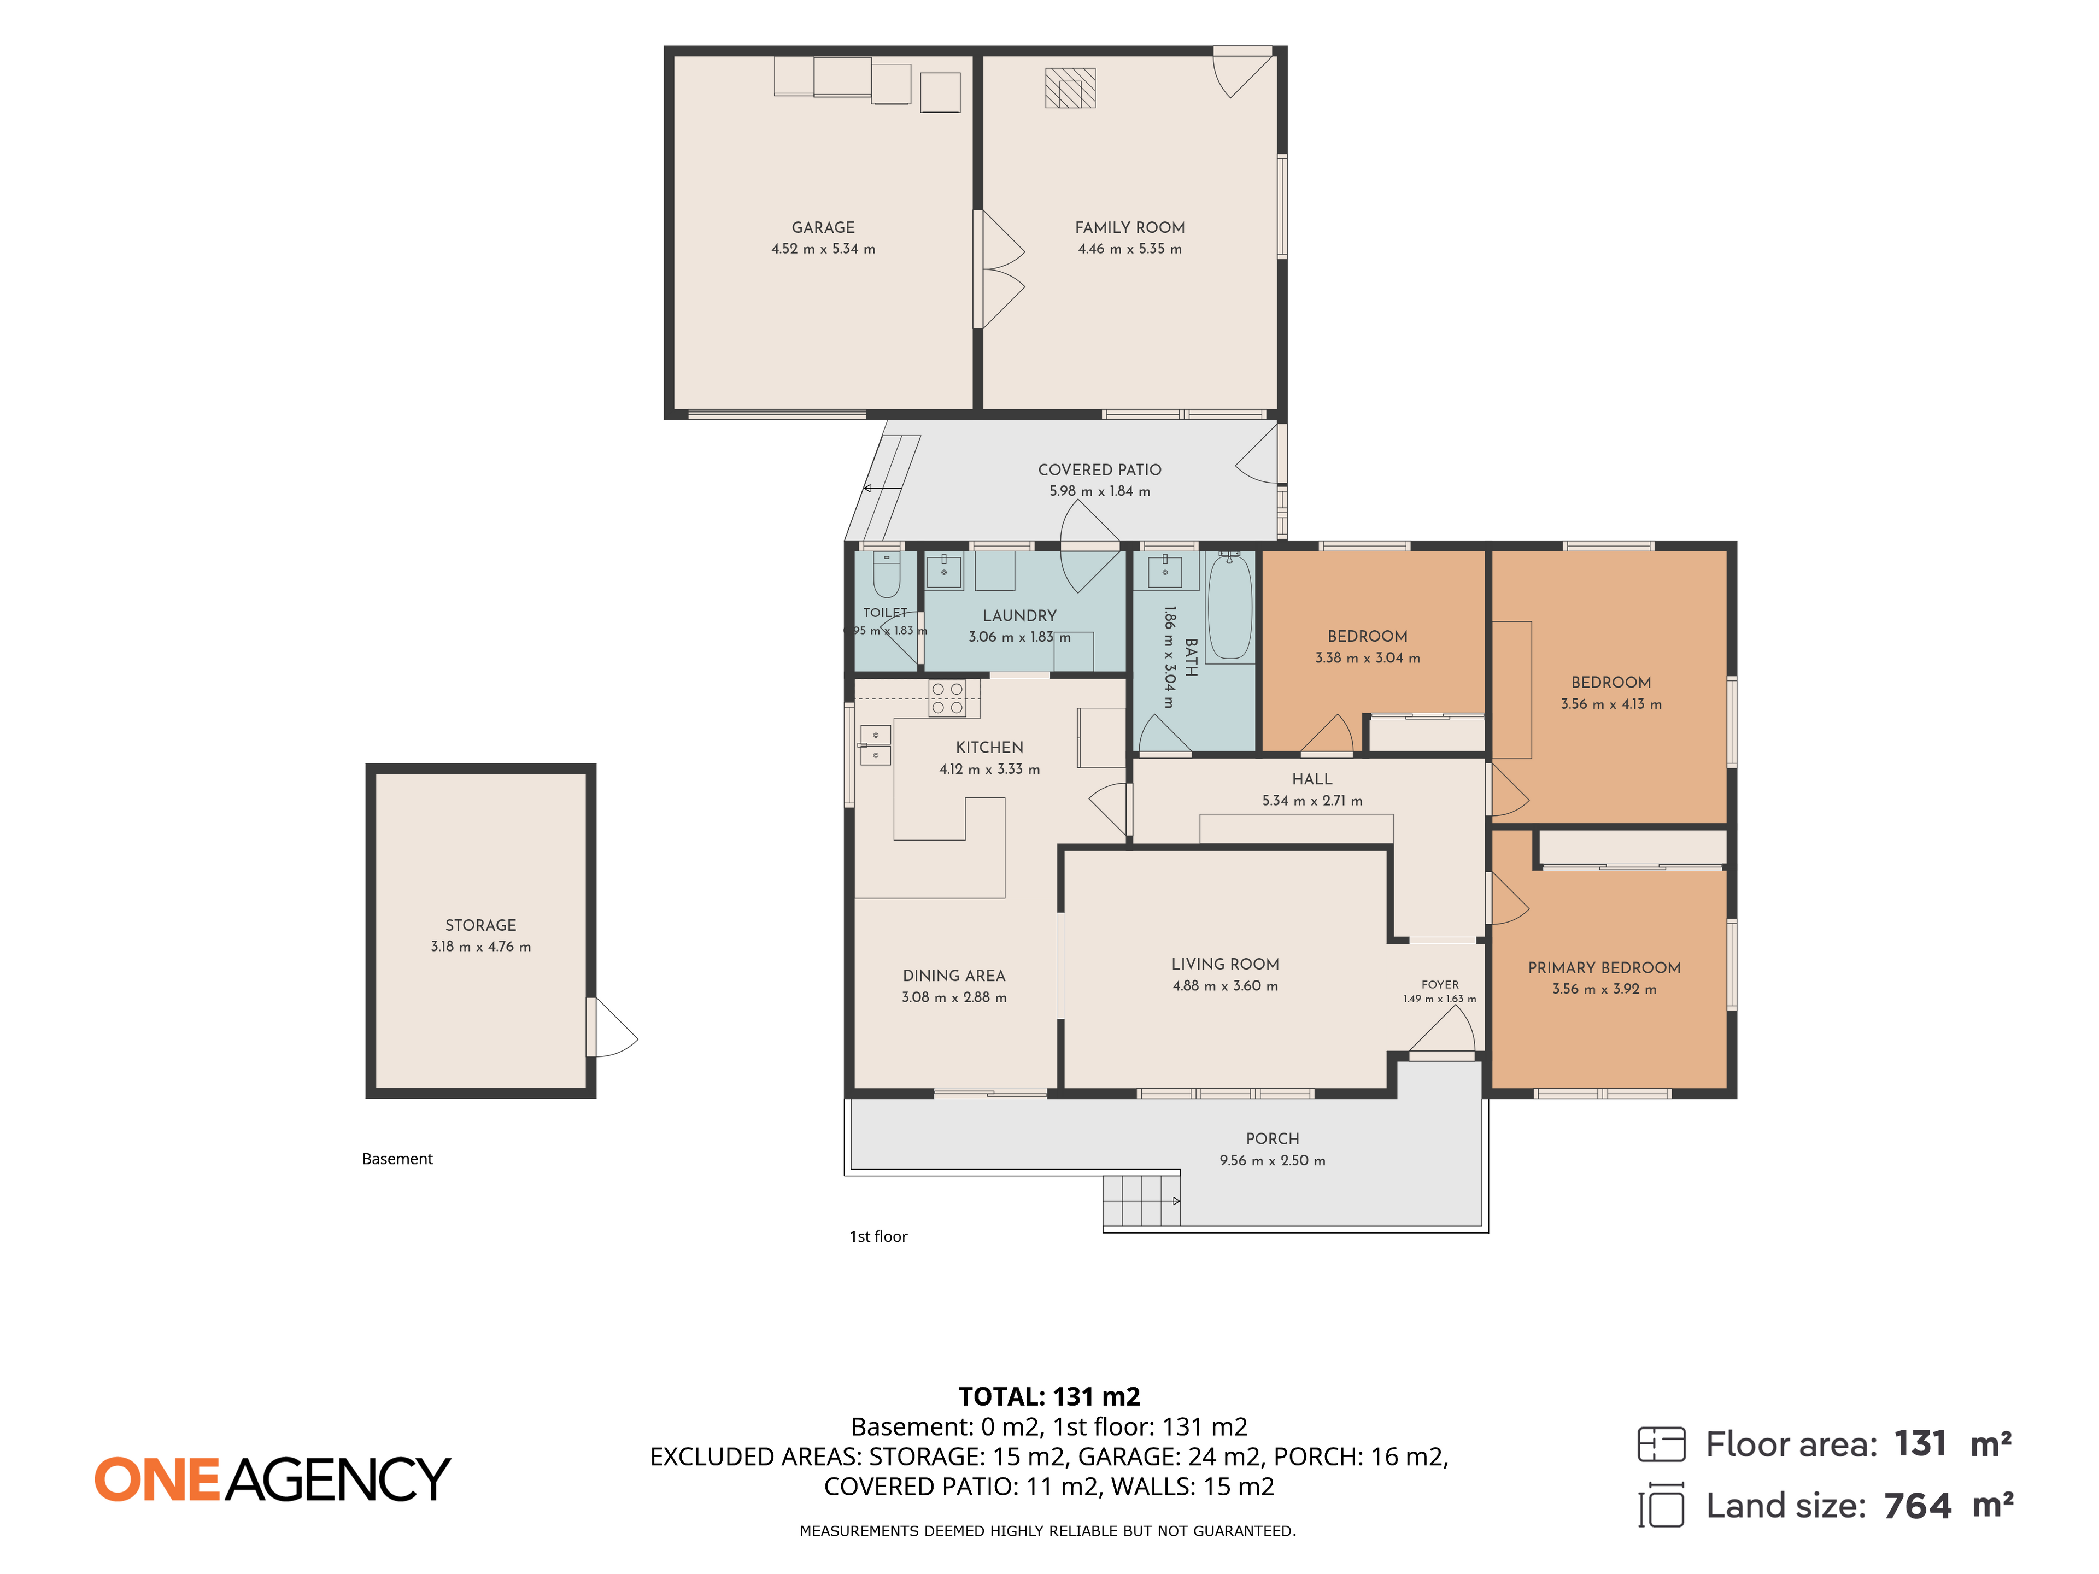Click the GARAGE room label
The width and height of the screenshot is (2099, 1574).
(x=823, y=228)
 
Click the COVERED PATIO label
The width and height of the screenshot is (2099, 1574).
(x=1099, y=469)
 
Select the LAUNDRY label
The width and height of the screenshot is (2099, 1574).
(x=1019, y=616)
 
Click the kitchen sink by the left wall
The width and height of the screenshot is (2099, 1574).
(x=875, y=745)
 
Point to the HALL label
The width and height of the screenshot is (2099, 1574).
(x=1311, y=779)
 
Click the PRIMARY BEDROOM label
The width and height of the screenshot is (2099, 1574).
(x=1604, y=968)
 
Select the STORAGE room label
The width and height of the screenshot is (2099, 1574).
(x=481, y=925)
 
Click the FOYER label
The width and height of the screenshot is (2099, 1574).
(x=1439, y=985)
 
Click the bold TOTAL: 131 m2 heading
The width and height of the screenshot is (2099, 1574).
(x=1049, y=1396)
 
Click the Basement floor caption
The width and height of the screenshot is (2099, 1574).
(x=397, y=1159)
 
